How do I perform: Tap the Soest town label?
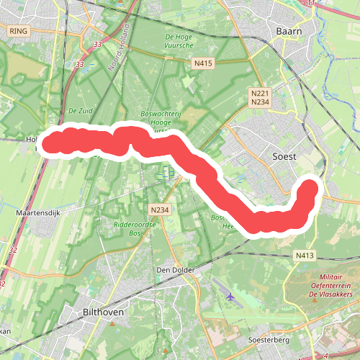(284, 156)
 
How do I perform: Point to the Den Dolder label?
(173, 271)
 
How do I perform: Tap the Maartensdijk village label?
(35, 214)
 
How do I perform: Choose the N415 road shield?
(203, 64)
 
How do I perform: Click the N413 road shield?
(304, 255)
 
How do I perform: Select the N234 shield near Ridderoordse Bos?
(159, 210)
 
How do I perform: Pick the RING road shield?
(18, 31)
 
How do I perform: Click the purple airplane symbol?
(230, 295)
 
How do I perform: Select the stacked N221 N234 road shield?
(260, 98)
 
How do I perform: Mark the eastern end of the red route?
(310, 189)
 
